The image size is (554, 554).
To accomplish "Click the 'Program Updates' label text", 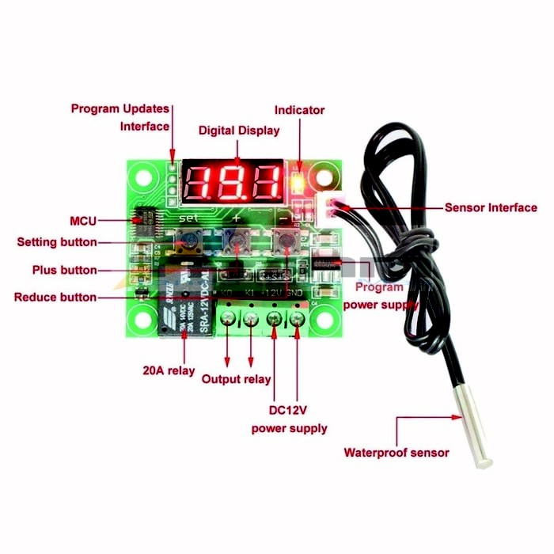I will coord(120,108).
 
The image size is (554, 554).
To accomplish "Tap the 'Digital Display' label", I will coord(238,131).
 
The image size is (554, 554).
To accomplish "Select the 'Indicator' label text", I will coord(299,110).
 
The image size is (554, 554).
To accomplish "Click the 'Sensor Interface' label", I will coord(491,207).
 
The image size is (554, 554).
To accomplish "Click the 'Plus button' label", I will coord(65,270).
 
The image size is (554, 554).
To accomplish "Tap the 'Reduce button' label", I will coord(55,298).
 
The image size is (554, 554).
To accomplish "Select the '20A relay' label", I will coord(169,370).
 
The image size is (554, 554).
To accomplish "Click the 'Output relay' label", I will coord(236,379).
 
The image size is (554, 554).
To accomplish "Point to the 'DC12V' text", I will coord(289,411).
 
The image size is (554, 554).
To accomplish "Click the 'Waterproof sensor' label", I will coord(396,453).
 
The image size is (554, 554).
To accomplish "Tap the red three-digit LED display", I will coord(233,182).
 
